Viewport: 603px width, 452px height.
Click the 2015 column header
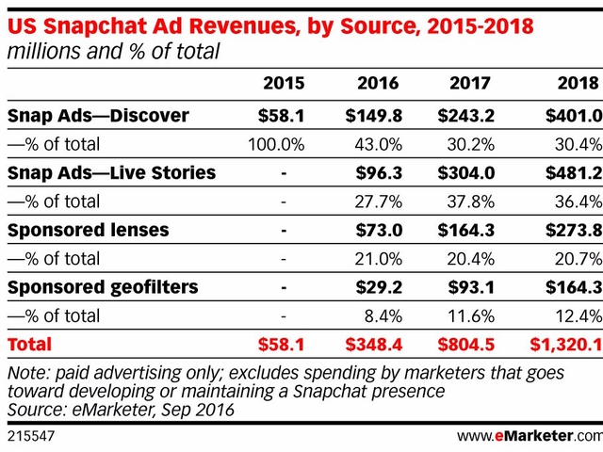pyautogui.click(x=285, y=84)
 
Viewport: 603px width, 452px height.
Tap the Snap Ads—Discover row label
pyautogui.click(x=98, y=116)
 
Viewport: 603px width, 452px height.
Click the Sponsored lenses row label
pyautogui.click(x=90, y=230)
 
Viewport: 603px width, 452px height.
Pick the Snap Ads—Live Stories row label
pyautogui.click(x=111, y=173)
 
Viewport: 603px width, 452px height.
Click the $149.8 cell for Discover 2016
pyautogui.click(x=377, y=116)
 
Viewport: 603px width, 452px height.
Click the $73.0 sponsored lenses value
pyautogui.click(x=382, y=230)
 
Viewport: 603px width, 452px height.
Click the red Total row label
pyautogui.click(x=30, y=345)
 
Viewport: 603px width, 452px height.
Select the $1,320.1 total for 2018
pyautogui.click(x=563, y=345)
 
